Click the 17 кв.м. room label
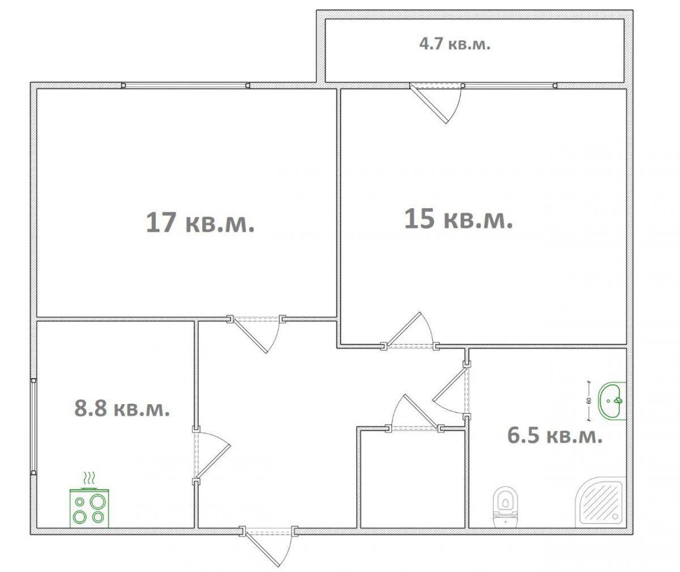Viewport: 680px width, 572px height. (200, 222)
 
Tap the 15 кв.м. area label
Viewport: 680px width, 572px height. (458, 219)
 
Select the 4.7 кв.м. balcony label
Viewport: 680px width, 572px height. (454, 44)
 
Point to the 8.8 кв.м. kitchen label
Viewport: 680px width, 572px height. (122, 409)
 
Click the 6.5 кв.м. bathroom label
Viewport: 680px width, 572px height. (555, 435)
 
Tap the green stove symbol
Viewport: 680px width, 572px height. (89, 507)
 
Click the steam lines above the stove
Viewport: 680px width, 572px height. (89, 479)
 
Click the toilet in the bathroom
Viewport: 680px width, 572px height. (505, 507)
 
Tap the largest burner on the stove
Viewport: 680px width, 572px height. (97, 502)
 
